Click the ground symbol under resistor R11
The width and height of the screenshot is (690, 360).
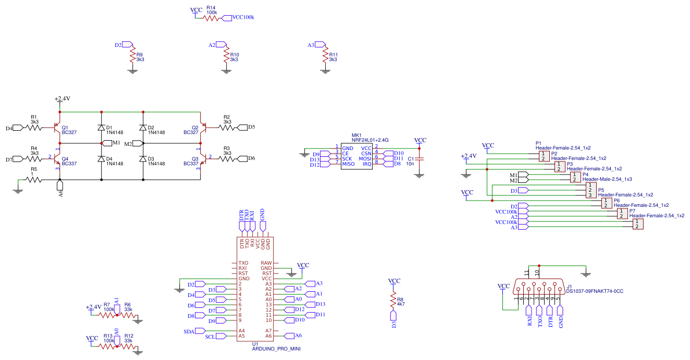coord(326,71)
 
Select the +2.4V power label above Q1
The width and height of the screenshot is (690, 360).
coord(62,98)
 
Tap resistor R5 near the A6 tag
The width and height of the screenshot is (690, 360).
coord(34,180)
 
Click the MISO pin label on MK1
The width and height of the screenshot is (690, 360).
coord(348,164)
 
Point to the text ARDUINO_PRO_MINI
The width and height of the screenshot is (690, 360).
coord(276,349)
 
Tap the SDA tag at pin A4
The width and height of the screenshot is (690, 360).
coord(194,331)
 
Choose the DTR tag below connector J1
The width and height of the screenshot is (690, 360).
coord(550,315)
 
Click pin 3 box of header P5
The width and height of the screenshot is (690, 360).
coord(590,195)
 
